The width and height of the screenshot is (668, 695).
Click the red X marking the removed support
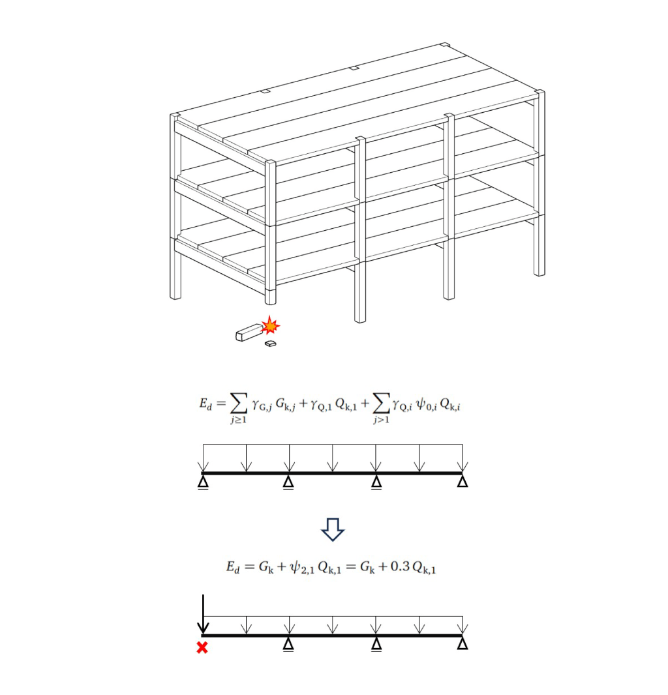[x=203, y=647]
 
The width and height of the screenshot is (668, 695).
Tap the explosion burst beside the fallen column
[x=270, y=325]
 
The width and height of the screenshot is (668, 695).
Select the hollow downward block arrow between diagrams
[x=333, y=530]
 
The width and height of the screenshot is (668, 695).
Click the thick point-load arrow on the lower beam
[x=204, y=614]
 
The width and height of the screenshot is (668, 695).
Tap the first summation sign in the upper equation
[x=237, y=404]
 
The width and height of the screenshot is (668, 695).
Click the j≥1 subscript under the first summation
[x=237, y=421]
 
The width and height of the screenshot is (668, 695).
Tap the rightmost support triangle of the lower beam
[x=463, y=644]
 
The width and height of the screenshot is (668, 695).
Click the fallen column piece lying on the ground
[x=248, y=332]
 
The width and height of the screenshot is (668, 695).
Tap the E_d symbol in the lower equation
[x=233, y=567]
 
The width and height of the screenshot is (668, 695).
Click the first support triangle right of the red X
[x=288, y=644]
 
